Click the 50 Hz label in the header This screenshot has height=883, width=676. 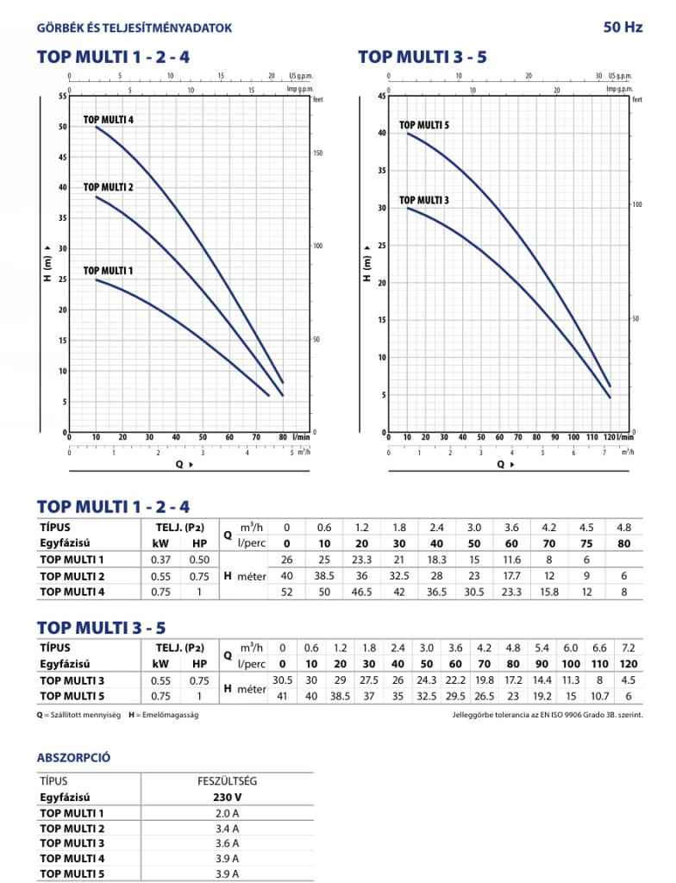[623, 28]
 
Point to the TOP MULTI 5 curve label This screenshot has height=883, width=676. [424, 126]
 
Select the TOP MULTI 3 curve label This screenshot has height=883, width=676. [424, 201]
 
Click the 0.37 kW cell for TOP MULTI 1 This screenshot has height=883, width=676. [160, 560]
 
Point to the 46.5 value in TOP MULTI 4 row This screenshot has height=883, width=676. [362, 592]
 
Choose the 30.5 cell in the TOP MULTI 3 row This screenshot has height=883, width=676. [282, 680]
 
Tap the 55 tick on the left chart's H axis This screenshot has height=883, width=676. [61, 96]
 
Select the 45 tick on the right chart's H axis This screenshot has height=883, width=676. [381, 97]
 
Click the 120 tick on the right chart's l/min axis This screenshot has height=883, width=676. [609, 437]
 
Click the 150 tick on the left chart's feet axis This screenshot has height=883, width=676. [316, 153]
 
